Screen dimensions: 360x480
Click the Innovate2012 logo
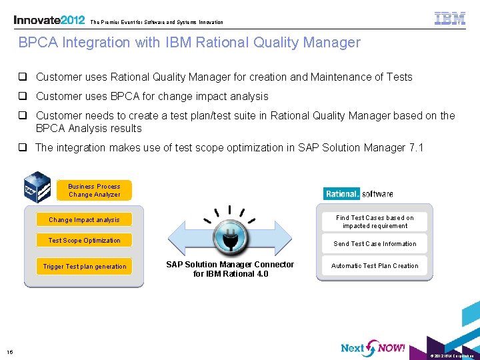(49, 20)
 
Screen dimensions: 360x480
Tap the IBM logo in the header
(449, 19)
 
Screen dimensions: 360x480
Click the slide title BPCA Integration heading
(189, 43)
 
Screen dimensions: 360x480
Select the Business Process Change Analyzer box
(94, 191)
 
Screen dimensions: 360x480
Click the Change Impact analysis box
(84, 219)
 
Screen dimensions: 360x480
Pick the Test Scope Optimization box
(84, 240)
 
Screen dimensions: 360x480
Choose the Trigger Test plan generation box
(84, 266)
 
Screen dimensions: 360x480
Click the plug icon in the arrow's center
(230, 237)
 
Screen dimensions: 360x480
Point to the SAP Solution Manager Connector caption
(229, 269)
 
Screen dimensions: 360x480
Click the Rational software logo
(359, 194)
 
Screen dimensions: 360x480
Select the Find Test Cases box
(375, 221)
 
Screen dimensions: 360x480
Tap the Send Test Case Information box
(375, 244)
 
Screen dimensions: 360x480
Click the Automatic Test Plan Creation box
(375, 265)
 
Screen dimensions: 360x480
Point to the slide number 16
(10, 352)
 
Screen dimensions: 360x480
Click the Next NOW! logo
(372, 347)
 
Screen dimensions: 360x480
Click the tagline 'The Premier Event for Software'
(157, 22)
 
